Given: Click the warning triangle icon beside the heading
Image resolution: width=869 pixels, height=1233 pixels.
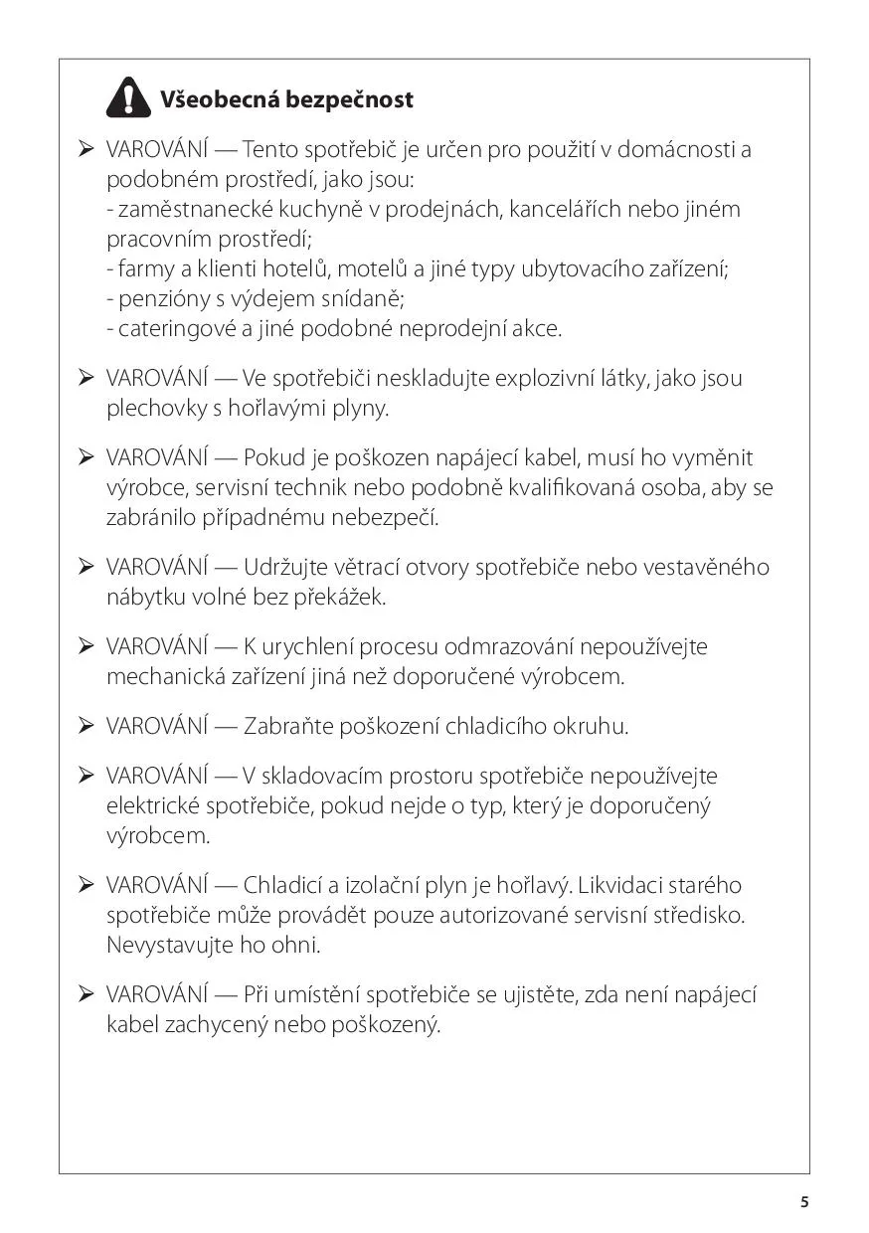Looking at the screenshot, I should tap(128, 98).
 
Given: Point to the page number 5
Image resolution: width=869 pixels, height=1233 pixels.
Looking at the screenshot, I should tap(804, 1201).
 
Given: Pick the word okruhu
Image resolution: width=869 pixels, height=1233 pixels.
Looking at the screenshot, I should tap(593, 727).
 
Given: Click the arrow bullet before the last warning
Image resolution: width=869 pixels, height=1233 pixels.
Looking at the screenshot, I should tap(86, 993).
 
